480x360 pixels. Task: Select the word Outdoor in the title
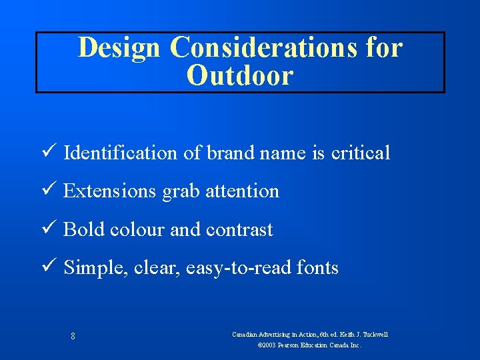240,75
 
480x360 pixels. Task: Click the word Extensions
110,191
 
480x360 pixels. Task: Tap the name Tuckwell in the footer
373,334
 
